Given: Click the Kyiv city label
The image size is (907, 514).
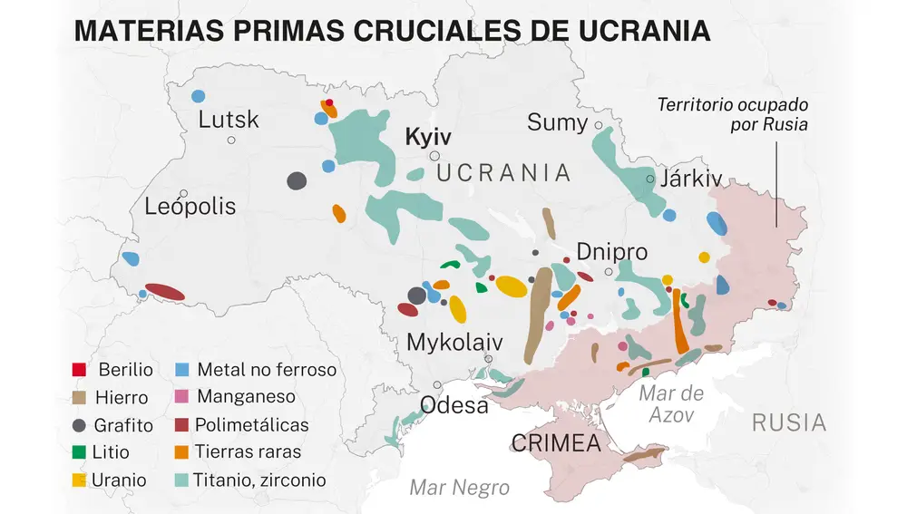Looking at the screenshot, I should pos(427,137).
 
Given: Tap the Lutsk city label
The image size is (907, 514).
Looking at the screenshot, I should pos(229,120).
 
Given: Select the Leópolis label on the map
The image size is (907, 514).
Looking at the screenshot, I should pos(190,207).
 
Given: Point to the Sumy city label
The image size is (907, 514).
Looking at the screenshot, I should pos(557,122).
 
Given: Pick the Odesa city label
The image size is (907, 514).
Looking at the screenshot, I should pos(454,405).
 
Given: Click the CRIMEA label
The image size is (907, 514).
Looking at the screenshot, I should pos(556,444).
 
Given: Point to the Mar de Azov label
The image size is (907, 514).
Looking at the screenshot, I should pos(671,403).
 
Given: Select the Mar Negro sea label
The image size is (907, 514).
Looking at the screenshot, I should pos(459,488).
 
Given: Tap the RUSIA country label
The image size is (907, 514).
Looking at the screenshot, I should pos(788,422).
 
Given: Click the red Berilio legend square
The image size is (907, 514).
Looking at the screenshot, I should pos(79,370).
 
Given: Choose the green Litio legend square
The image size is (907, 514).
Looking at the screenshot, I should pos(79,451).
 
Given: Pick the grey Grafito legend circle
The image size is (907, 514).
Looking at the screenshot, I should pos(79,425).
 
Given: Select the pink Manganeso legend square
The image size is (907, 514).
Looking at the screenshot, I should pos(181,396).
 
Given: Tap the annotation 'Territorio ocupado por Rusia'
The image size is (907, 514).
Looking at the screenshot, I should pos(733,115).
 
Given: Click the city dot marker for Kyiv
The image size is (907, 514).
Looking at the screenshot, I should pos(435,156).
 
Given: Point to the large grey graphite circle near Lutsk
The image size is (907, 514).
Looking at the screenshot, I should pos(297,180).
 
